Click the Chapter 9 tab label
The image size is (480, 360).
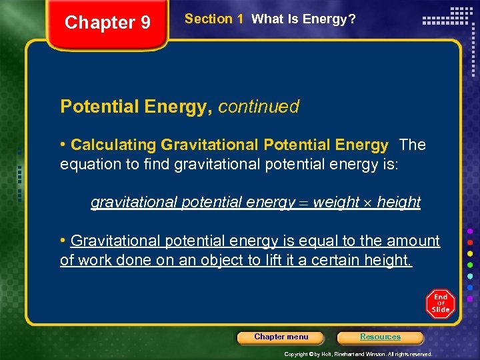[107, 23]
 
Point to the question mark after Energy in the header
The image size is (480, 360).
[352, 19]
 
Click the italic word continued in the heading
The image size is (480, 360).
[259, 107]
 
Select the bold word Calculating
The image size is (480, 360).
[114, 145]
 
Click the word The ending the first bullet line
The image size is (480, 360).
[413, 145]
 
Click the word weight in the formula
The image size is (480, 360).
[335, 203]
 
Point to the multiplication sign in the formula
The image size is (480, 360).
[368, 203]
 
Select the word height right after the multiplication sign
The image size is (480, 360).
[399, 203]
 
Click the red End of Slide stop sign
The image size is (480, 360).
[440, 304]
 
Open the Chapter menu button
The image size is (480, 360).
[281, 337]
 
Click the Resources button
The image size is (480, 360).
[380, 337]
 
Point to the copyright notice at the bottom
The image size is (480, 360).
[358, 354]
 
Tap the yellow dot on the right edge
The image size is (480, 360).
[470, 254]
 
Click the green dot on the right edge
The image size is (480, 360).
[470, 265]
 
